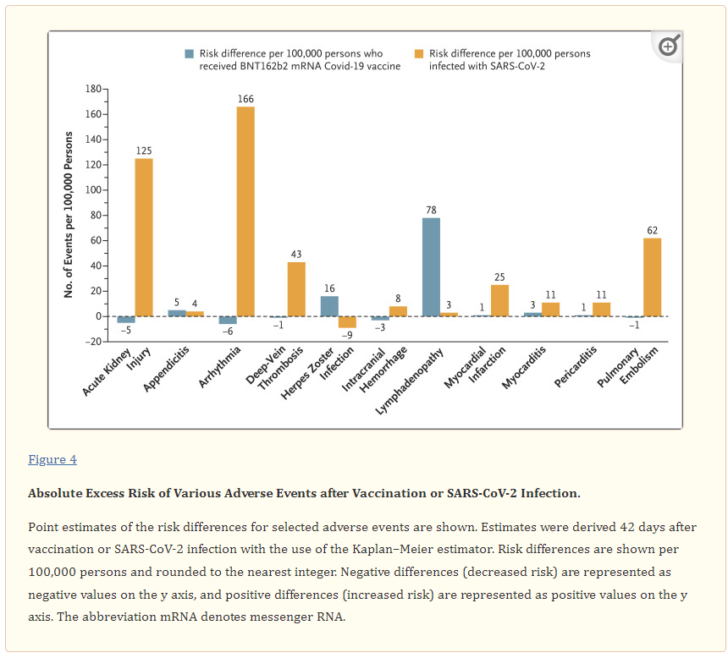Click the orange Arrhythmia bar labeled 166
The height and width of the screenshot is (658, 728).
click(245, 211)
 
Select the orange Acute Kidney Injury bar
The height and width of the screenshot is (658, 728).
click(144, 237)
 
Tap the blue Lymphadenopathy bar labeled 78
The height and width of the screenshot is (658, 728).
click(431, 266)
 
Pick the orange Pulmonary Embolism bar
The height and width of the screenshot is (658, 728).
click(652, 277)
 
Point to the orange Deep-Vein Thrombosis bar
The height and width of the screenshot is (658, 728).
click(296, 288)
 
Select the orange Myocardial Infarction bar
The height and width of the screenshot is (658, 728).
click(499, 300)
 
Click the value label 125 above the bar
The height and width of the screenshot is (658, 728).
click(144, 151)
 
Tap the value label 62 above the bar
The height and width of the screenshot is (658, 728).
click(652, 230)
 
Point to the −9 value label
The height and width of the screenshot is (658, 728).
click(347, 335)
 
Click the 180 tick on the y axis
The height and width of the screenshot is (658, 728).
click(93, 89)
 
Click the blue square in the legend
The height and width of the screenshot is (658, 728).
click(190, 54)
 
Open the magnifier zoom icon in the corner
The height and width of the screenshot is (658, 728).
click(668, 46)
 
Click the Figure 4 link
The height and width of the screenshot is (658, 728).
click(52, 459)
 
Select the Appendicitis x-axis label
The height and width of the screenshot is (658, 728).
click(166, 366)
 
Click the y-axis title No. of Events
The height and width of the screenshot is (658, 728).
click(69, 215)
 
